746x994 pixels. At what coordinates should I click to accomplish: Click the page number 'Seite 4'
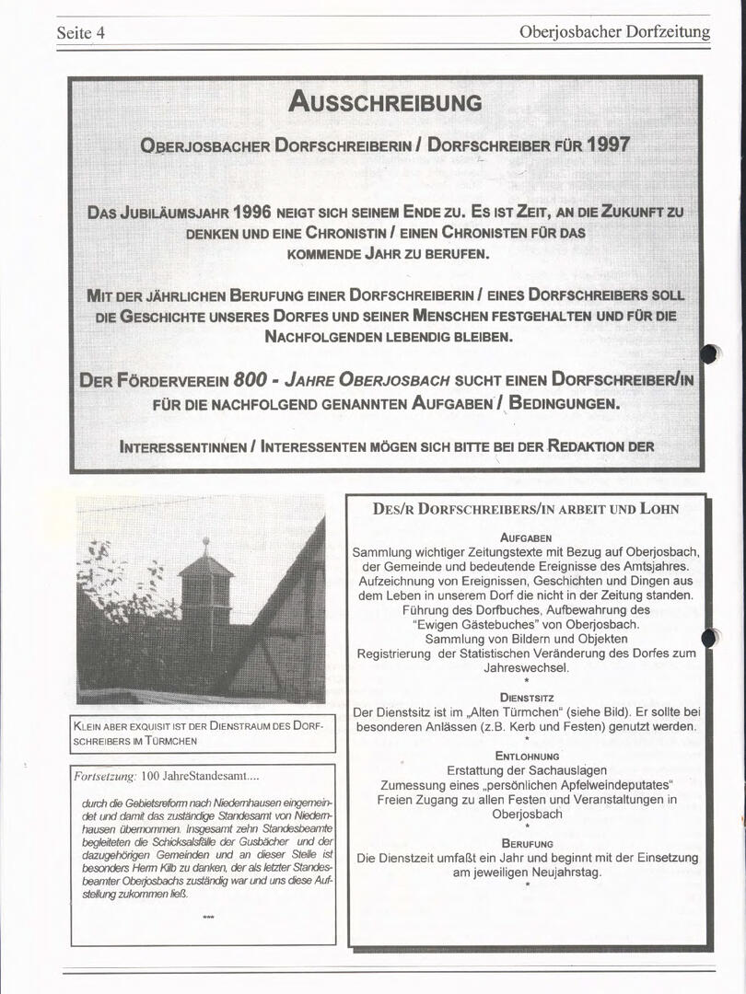coord(81,33)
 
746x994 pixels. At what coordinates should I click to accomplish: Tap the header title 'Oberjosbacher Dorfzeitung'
coord(614,32)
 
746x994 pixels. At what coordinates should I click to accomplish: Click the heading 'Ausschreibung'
coord(385,101)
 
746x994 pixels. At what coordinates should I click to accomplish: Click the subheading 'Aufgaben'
coord(526,537)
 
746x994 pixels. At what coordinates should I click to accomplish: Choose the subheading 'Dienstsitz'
coord(526,698)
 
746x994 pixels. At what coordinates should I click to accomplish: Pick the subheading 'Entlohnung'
coord(526,756)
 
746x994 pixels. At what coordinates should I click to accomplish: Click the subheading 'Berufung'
coord(526,843)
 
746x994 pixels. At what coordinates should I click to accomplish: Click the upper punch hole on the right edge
coord(708,353)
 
